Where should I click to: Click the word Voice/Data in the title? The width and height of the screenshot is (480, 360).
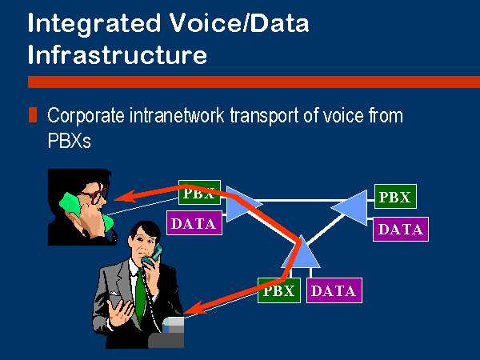(x=239, y=23)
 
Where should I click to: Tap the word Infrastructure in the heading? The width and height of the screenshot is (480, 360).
(x=118, y=54)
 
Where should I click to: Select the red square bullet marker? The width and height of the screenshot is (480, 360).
(x=33, y=114)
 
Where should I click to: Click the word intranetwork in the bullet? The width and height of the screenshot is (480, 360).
(x=177, y=115)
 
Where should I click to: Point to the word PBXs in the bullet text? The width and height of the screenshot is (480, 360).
(x=69, y=141)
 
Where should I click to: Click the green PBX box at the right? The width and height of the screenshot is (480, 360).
(x=395, y=197)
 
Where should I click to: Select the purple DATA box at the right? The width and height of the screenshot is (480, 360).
(x=401, y=230)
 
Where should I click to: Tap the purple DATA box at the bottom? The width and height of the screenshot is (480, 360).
(x=334, y=290)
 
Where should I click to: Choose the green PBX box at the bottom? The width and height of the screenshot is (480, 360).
(x=279, y=290)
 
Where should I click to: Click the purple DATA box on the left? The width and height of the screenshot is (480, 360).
(x=194, y=223)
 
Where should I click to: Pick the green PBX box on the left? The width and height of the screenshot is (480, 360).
(x=199, y=193)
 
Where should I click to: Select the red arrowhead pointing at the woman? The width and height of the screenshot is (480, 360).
(x=126, y=197)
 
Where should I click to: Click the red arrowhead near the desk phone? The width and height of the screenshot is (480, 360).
(x=194, y=308)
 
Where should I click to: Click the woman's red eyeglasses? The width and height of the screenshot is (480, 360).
(x=94, y=196)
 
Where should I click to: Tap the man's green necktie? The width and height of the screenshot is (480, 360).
(x=140, y=294)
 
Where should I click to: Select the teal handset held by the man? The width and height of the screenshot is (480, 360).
(x=153, y=254)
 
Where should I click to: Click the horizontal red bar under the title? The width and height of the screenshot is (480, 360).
(x=254, y=82)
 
